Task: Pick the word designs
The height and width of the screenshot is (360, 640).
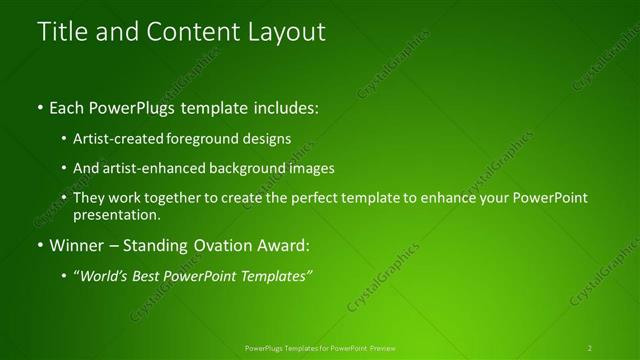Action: tap(267, 139)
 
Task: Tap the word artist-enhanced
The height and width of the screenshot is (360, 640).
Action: tap(150, 169)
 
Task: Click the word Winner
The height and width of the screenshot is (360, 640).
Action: tap(79, 244)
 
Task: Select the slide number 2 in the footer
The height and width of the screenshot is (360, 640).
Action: tap(589, 348)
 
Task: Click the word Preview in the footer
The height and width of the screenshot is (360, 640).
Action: tap(380, 348)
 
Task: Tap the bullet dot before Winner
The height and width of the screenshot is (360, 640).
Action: tap(40, 245)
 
